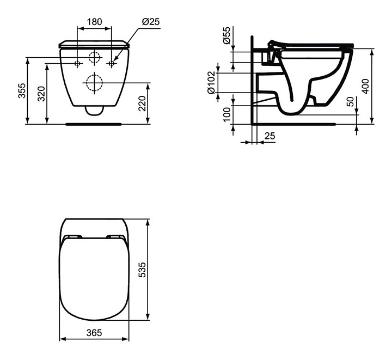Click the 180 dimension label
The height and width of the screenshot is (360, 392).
point(94,22)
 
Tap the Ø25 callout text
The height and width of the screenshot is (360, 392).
point(150,22)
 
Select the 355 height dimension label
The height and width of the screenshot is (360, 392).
point(22,90)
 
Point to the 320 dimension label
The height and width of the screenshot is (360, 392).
point(41,94)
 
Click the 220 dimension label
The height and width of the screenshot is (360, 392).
point(142,103)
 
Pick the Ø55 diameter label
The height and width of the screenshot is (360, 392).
point(226,35)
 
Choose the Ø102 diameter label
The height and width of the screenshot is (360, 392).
point(211,82)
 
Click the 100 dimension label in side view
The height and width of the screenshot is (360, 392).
point(226,114)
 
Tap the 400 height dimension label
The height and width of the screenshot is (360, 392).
point(365,86)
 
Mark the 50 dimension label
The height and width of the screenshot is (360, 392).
point(351,101)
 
